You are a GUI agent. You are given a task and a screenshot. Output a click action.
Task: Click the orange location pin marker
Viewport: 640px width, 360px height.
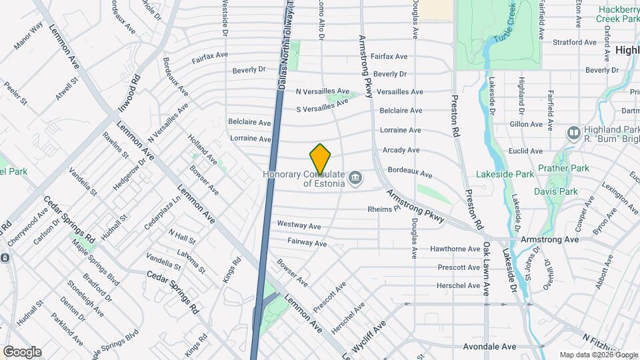[320, 159]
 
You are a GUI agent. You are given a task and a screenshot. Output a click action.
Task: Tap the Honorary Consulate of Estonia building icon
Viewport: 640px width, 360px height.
[355, 177]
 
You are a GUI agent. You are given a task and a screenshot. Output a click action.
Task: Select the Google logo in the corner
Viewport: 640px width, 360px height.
[21, 352]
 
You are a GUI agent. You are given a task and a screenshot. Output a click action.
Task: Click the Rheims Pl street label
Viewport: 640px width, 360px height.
[383, 209]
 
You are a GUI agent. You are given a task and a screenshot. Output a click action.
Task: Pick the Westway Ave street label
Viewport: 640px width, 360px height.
[299, 225]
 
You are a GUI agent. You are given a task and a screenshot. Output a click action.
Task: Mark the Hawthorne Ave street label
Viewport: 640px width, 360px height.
[455, 249]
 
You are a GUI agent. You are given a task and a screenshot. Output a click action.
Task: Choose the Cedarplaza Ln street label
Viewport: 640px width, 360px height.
[166, 209]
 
